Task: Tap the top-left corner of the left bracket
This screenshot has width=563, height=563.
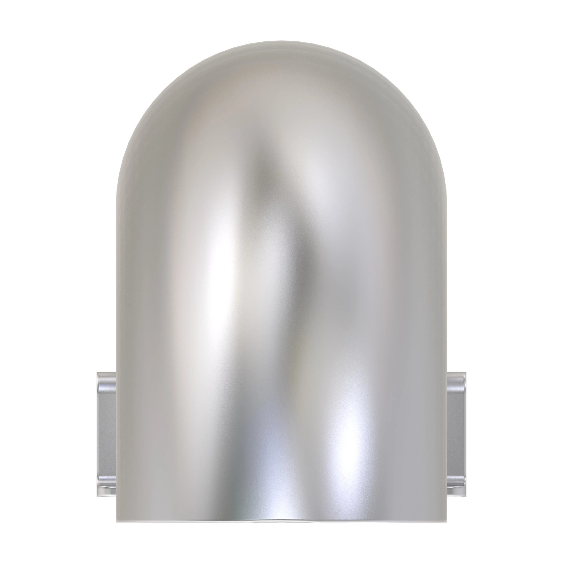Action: [97, 372]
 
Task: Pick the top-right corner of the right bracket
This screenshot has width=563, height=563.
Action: [466, 372]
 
